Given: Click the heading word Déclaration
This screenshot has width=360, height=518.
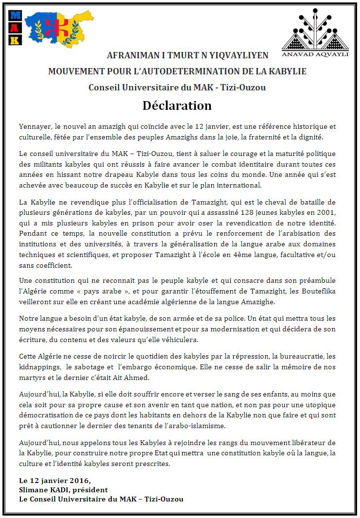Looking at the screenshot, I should pos(177,105).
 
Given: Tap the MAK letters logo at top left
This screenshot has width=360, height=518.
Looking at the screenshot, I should pos(16,28).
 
